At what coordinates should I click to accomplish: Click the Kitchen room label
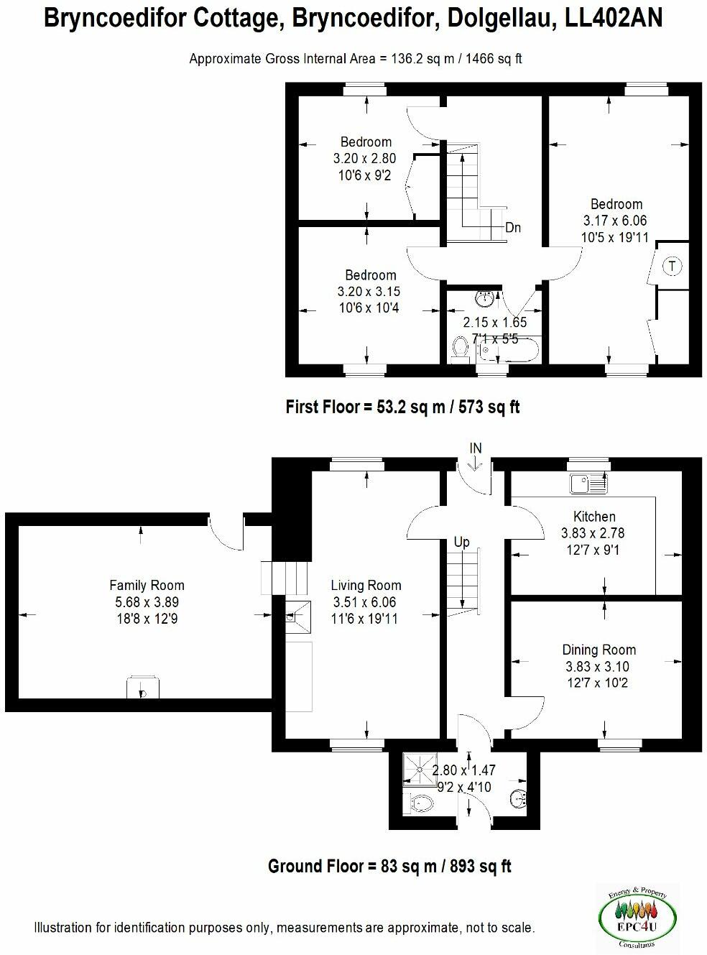[x=594, y=516]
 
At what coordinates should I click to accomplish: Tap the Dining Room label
[x=599, y=650]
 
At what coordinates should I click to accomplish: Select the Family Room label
[x=147, y=585]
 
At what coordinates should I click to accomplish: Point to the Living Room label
[x=366, y=585]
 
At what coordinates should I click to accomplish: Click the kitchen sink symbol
[x=588, y=484]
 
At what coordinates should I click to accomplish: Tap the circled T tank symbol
[x=672, y=266]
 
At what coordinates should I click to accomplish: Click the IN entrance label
[x=476, y=448]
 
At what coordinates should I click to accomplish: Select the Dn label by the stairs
[x=512, y=228]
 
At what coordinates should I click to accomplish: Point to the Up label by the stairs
[x=461, y=542]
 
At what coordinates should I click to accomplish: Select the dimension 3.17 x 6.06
[x=616, y=221]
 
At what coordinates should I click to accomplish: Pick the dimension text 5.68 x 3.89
[x=147, y=601]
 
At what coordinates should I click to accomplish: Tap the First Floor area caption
[x=402, y=407]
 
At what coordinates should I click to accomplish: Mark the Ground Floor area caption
[x=389, y=866]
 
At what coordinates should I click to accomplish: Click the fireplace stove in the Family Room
[x=142, y=688]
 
